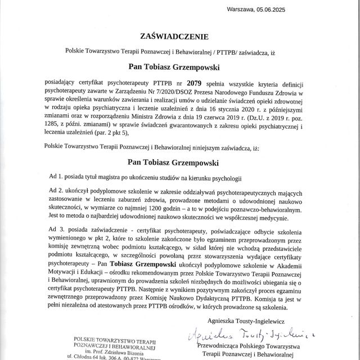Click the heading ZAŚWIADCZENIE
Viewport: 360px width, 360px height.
pyautogui.click(x=179, y=36)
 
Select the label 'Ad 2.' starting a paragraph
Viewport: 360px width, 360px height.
pyautogui.click(x=57, y=192)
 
